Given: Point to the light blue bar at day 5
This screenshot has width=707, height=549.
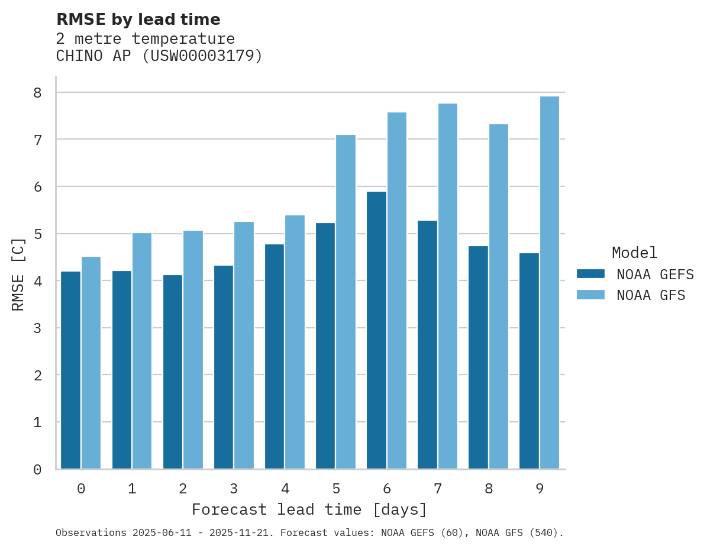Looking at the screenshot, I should [346, 302].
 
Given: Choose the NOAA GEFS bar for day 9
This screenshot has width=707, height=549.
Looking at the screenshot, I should [529, 361].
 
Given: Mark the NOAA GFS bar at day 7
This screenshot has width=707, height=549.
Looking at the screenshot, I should [448, 286].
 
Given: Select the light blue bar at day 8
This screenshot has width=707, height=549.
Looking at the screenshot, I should [499, 296].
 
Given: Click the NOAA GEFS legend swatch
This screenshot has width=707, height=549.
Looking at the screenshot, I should [590, 274].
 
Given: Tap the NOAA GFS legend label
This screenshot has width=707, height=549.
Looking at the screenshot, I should [650, 295].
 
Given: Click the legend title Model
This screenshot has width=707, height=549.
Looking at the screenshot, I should [634, 253].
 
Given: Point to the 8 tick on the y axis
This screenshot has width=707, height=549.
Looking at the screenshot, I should [37, 92].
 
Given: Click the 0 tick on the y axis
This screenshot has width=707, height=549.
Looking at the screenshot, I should [37, 470].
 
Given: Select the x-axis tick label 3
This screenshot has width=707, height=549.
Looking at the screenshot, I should [234, 489].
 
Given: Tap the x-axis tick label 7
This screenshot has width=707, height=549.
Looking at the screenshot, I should [438, 489].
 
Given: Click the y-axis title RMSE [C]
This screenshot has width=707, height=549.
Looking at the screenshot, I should [18, 274].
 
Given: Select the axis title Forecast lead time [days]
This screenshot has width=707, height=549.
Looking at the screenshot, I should [309, 510].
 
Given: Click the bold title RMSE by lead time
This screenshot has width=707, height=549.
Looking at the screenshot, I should [138, 20].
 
